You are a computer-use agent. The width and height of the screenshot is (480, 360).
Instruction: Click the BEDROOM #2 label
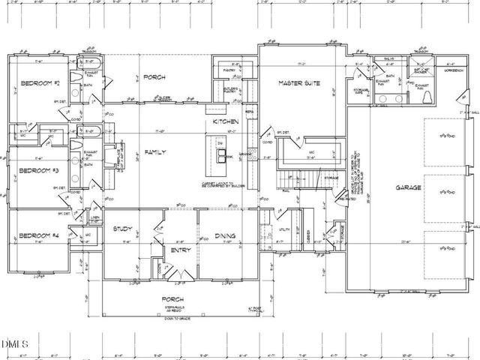pyautogui.click(x=36, y=82)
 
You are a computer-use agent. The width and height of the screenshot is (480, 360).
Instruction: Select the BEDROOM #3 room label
pyautogui.click(x=36, y=171)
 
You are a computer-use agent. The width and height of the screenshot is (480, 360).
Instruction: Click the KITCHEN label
pyautogui.click(x=225, y=121)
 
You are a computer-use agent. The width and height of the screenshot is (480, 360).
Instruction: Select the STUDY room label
pyautogui.click(x=122, y=229)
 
